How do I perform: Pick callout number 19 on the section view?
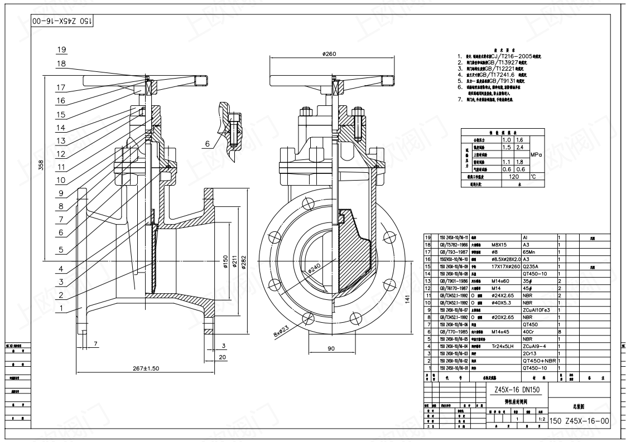click(x=61, y=50)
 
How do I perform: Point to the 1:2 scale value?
click(x=541, y=418)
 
